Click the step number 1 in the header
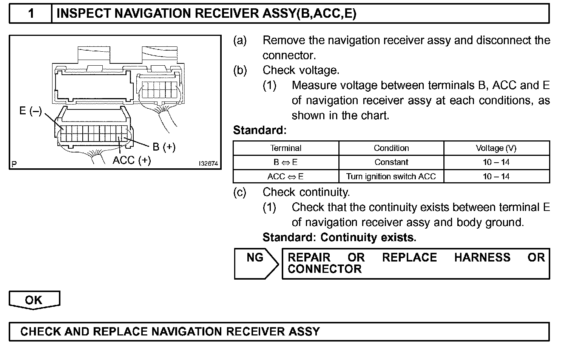coord(31,14)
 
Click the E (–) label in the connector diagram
coord(31,111)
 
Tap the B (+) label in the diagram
coord(164,147)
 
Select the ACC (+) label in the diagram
coord(131,160)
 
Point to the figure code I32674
coord(208,164)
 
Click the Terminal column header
coord(286,148)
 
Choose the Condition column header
coord(391,148)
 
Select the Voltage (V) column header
coord(496,148)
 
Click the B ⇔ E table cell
coord(286,162)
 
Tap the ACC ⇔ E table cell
coord(286,177)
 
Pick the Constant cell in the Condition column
coord(391,162)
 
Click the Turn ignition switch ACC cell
coord(391,177)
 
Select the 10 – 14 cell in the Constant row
coord(496,162)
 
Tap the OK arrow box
coord(34,300)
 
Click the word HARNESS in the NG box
coord(482,258)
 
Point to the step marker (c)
coord(240,192)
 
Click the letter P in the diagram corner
coord(14,164)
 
